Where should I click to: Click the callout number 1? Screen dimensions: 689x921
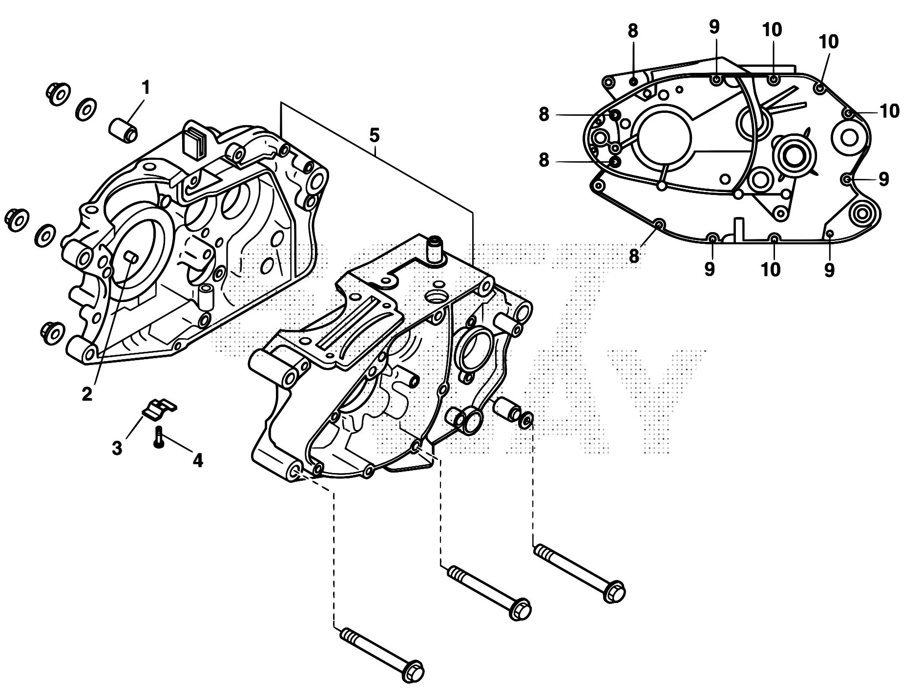point(145,88)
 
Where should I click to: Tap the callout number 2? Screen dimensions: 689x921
point(87,393)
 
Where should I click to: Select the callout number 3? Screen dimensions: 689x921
point(117,448)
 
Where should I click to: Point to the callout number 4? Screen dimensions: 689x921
point(197,460)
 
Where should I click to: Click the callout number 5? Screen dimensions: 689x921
point(374,135)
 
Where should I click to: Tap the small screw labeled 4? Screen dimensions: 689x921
point(158,437)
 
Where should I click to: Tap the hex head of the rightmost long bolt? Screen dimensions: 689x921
point(614,591)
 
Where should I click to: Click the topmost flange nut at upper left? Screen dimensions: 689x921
point(57,93)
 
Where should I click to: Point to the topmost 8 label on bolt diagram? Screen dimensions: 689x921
point(632,31)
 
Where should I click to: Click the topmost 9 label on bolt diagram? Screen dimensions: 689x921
point(714,27)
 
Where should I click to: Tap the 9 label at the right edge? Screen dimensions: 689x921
point(884,179)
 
